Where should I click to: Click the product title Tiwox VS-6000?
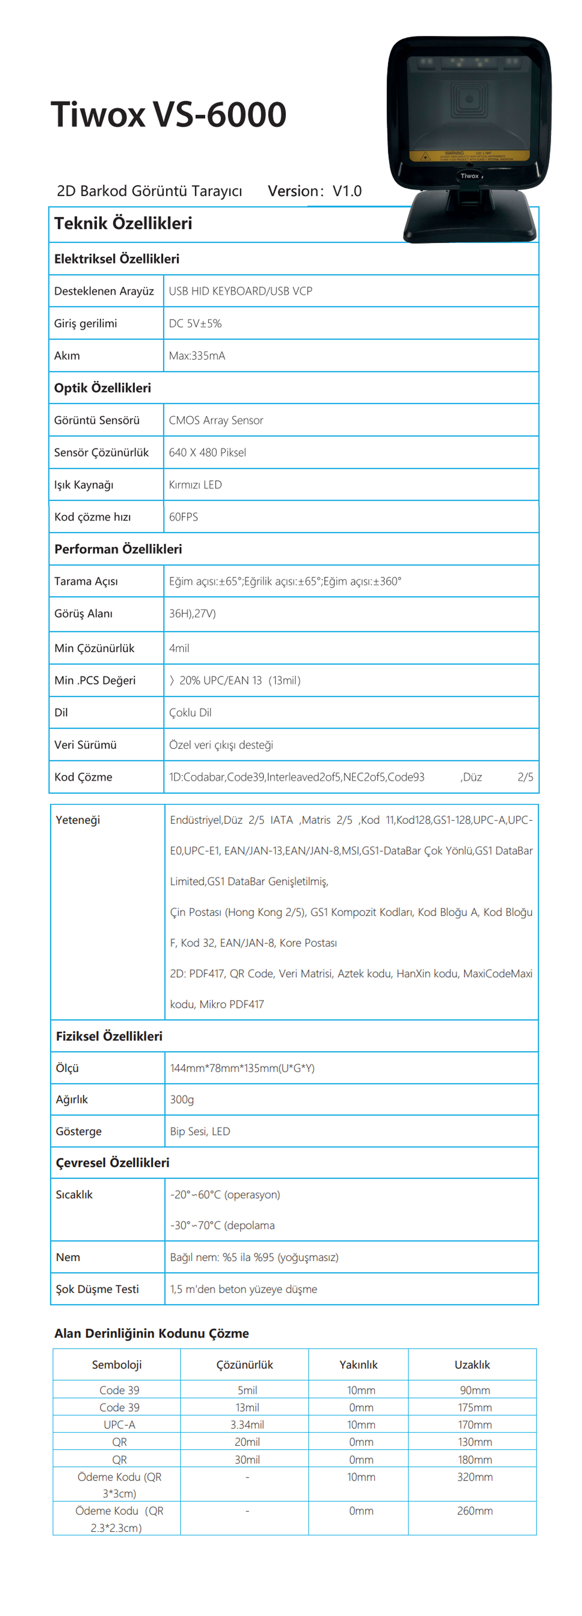tap(168, 115)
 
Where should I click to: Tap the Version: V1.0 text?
tap(314, 191)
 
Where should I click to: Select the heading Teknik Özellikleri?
tap(123, 223)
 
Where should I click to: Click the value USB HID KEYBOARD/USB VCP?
tap(240, 291)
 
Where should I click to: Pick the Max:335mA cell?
tap(197, 356)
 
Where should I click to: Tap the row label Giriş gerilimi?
tap(85, 324)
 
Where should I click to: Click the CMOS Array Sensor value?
tap(216, 420)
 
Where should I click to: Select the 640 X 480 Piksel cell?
tap(207, 452)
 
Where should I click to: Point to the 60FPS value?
tap(183, 517)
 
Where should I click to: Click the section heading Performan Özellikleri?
tap(118, 549)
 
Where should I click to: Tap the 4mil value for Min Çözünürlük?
tap(179, 648)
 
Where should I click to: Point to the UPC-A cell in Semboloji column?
tap(119, 1425)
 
